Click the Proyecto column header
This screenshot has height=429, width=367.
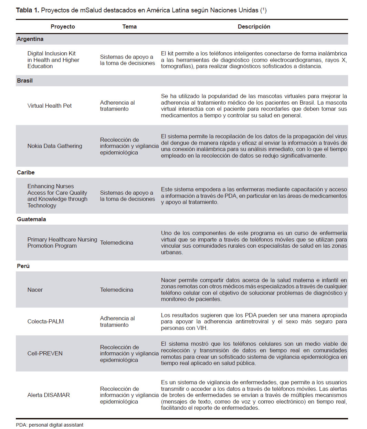(x=63, y=26)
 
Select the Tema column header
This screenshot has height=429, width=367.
(x=129, y=26)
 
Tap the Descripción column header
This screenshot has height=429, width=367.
(x=254, y=26)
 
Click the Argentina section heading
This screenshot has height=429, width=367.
(x=30, y=39)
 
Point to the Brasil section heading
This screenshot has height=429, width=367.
(x=25, y=81)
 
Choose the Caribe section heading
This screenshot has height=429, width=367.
(x=26, y=172)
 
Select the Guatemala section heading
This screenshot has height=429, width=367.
(x=31, y=219)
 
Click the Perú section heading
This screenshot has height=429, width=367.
(x=23, y=266)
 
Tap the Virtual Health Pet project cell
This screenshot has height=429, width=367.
(x=50, y=106)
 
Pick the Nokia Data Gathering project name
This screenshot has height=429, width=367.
(x=55, y=146)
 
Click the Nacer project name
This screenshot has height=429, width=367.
(x=35, y=290)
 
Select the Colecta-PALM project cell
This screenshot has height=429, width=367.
(x=45, y=321)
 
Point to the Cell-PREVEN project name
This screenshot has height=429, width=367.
(x=45, y=353)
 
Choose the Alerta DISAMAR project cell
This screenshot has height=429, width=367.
(x=49, y=395)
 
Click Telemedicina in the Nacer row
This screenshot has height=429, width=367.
(x=116, y=290)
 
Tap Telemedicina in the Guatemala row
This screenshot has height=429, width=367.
(x=116, y=243)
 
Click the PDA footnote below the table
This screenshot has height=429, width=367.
(x=50, y=425)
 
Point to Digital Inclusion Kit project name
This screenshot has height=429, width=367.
(x=52, y=53)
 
